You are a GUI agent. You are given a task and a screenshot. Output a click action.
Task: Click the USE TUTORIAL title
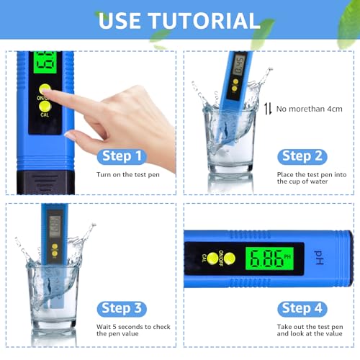(x=179, y=20)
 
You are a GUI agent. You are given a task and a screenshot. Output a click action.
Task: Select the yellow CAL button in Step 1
(x=45, y=107)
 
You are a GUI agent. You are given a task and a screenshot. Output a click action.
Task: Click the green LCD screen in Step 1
(x=45, y=63)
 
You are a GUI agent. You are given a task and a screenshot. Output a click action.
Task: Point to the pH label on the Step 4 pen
(x=320, y=256)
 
